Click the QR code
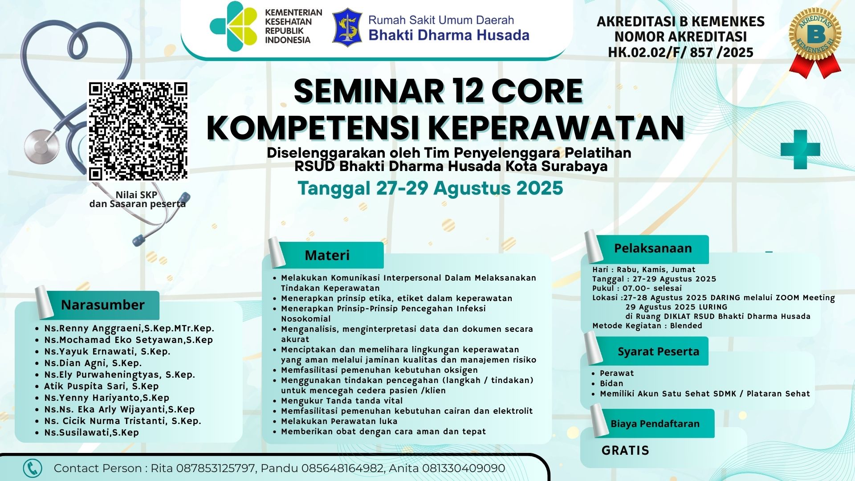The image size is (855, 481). (x=138, y=131)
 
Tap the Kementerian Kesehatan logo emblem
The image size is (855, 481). (x=233, y=26)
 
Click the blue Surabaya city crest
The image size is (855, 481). (x=347, y=28)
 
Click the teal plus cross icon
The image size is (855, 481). (x=800, y=150)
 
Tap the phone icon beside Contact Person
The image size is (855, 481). (x=33, y=469)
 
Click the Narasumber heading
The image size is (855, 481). (x=102, y=305)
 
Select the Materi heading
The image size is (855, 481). (x=327, y=255)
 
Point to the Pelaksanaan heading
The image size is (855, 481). (x=653, y=249)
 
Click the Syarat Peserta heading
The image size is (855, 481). (x=658, y=351)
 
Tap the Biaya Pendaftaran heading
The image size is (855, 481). (x=655, y=424)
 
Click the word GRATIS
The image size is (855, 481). (x=625, y=450)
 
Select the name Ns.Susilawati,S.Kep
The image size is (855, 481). (x=91, y=432)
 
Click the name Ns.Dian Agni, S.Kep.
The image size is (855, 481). (x=93, y=363)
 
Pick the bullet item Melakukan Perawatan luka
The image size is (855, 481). (x=339, y=421)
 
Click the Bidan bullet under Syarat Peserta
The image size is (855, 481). (x=611, y=383)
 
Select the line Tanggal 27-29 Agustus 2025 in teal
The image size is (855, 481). (x=430, y=188)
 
